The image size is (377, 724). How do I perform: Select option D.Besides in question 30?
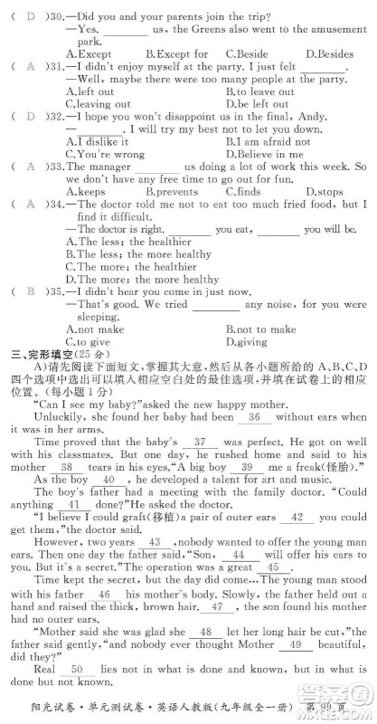point(329,54)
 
